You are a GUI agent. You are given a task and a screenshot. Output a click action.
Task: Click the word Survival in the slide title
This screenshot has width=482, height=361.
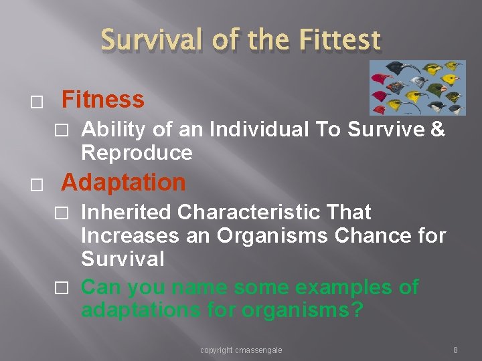pos(148,40)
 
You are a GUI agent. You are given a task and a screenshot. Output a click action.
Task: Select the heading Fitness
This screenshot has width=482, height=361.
pos(102,100)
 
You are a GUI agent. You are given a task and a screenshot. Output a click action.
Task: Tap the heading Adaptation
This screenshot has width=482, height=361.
pos(123,182)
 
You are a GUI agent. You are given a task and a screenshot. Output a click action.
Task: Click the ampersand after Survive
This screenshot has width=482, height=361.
pos(438,130)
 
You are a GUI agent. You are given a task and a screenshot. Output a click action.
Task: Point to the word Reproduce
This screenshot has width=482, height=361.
pos(137,153)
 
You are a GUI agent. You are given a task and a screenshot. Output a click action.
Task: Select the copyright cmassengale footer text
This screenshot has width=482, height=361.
pos(241,350)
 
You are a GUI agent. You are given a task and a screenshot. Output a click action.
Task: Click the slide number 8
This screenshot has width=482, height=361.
pos(455,350)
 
